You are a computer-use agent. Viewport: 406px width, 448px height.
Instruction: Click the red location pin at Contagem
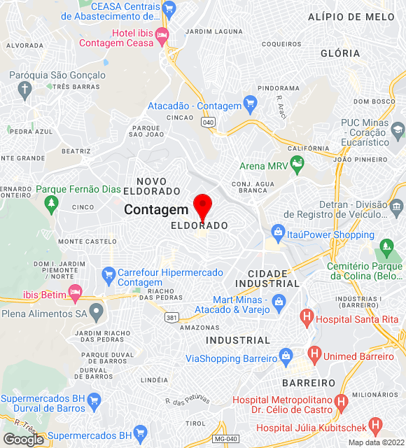point(202,206)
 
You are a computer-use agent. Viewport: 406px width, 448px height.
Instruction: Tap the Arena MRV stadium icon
point(297,166)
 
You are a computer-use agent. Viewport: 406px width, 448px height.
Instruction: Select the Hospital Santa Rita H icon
point(306,318)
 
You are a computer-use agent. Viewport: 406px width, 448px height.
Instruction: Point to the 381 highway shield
point(171,317)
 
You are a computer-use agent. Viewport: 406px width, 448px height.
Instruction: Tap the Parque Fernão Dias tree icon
point(50,203)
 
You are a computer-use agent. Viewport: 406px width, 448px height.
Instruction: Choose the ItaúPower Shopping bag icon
point(278,232)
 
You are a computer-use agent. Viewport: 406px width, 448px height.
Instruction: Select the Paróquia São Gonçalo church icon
point(25,89)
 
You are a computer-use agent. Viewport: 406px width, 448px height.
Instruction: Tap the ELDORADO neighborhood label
point(199,226)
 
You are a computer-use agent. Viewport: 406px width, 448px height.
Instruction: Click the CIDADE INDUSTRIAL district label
point(267,278)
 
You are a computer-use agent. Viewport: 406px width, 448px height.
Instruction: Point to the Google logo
point(24,439)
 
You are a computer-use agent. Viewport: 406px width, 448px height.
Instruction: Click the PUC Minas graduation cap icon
point(398,129)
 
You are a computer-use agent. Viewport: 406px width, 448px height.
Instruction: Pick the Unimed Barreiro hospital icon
point(314,356)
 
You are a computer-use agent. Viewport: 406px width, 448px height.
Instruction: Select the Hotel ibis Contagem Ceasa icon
point(162,34)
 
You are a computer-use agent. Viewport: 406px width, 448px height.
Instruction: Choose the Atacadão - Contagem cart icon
point(250,106)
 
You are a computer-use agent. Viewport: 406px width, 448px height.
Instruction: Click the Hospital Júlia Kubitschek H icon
point(374,425)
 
